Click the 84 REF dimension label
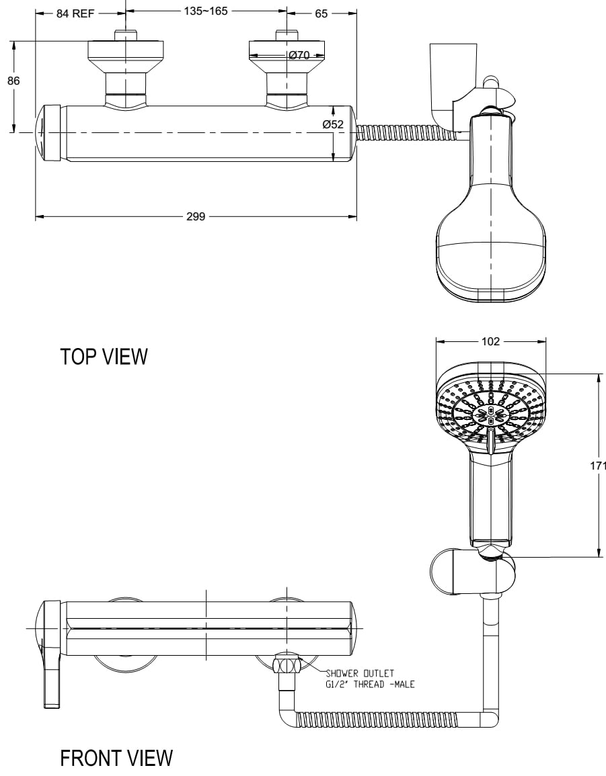coord(75,13)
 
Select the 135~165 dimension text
coord(206,11)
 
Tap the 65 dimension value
coord(321,13)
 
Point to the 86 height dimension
coord(13,80)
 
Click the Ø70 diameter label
coord(299,55)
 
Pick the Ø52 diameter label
coord(333,124)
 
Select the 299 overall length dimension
coord(196,216)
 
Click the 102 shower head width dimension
coord(490,341)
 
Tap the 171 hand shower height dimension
coord(598,465)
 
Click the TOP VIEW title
coord(104,356)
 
